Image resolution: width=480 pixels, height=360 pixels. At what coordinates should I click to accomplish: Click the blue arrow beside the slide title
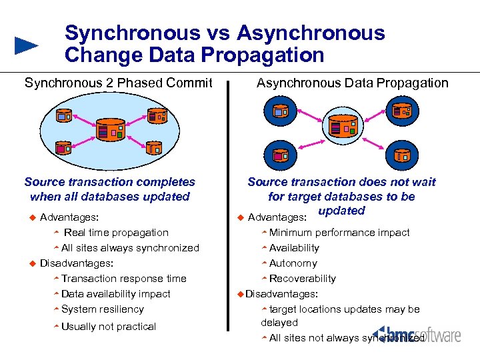point(26,45)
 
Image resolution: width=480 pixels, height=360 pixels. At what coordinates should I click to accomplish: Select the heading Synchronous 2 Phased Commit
point(118,83)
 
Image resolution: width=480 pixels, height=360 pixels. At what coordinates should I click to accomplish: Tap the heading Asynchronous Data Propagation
point(352,83)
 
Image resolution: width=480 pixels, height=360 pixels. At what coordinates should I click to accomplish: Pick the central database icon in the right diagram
point(343,127)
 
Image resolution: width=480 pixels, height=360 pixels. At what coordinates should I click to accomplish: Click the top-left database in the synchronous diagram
point(65,115)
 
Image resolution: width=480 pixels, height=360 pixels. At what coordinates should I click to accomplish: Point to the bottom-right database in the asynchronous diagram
point(402,155)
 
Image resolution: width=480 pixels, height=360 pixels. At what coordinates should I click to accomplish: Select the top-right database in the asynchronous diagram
point(402,111)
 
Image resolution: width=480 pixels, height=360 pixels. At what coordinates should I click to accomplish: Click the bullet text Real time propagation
point(116,233)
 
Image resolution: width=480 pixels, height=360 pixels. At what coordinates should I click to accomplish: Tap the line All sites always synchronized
point(130,248)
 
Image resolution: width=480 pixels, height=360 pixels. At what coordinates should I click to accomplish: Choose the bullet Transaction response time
point(123,279)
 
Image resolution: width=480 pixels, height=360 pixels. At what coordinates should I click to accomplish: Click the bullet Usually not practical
point(108,327)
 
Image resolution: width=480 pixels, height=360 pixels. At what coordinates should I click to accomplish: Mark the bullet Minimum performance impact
point(339,233)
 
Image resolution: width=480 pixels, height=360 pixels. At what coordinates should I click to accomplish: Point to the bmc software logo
point(417,334)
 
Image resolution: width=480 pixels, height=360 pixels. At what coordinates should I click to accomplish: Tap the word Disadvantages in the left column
point(76,263)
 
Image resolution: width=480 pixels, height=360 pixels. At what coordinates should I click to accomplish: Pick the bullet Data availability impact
point(115,294)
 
